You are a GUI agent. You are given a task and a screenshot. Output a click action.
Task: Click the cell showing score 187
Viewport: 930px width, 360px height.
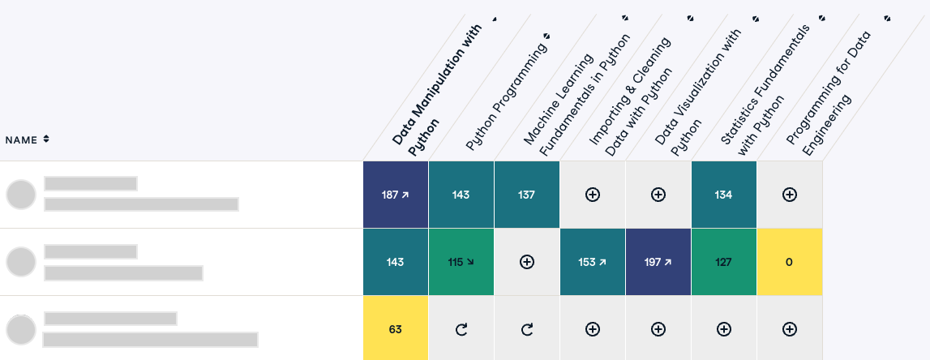point(396,195)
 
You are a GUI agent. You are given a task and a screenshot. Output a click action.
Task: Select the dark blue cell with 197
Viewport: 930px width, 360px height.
point(658,262)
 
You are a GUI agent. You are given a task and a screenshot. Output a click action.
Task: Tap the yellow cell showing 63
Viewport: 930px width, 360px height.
point(396,329)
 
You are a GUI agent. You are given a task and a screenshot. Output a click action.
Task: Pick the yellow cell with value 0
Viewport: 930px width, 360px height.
point(790,262)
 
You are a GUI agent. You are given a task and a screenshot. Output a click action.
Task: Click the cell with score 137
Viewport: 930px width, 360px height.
point(527,195)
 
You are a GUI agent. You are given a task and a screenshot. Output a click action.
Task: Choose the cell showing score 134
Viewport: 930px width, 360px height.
point(723,195)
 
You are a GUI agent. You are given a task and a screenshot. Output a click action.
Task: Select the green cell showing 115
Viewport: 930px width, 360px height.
point(461,262)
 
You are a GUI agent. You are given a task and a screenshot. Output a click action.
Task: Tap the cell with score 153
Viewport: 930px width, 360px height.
point(592,262)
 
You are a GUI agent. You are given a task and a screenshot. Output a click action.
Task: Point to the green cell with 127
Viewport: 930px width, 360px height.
point(723,262)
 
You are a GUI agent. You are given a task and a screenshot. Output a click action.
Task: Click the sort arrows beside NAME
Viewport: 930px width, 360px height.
point(46,139)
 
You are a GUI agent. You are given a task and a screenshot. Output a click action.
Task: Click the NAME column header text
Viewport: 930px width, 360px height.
point(21,140)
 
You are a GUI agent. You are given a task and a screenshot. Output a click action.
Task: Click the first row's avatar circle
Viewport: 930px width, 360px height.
point(21,195)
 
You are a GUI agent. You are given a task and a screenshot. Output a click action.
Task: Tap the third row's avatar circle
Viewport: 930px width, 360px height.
point(21,330)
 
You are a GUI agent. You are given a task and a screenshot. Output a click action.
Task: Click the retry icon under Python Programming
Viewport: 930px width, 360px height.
point(461,329)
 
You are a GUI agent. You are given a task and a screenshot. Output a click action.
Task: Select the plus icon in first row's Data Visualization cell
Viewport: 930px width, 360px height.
point(658,195)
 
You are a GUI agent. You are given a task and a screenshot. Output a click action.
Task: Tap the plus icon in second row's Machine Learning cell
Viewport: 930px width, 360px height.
point(527,262)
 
